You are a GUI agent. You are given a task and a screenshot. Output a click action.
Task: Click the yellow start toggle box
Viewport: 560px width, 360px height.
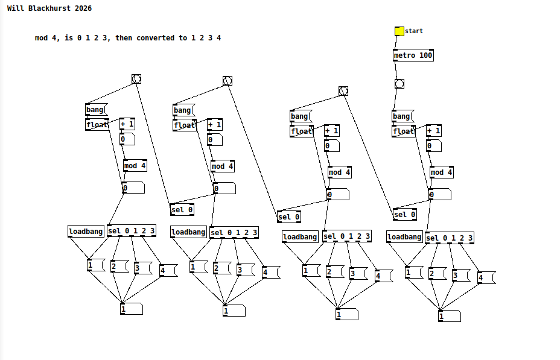point(399,31)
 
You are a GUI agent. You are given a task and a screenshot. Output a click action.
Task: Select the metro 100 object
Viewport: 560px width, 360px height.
point(413,55)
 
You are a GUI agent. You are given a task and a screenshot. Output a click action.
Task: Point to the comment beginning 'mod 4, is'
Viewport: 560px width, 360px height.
point(128,38)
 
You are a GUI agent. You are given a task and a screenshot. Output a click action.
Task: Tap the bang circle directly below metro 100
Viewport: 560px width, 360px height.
point(399,84)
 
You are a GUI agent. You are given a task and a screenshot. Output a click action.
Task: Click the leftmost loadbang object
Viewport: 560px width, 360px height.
point(86,232)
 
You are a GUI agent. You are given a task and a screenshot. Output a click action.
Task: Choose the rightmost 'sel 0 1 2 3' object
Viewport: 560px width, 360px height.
point(450,238)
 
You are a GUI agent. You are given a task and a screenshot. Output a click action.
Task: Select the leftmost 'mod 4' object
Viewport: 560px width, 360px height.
point(135,166)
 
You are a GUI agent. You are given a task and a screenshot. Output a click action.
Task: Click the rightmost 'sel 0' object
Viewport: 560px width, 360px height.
point(405,215)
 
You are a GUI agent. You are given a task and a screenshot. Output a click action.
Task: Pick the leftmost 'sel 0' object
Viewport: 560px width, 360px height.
point(182,210)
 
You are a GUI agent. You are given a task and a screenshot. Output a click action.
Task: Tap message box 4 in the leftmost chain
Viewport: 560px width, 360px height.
point(167,271)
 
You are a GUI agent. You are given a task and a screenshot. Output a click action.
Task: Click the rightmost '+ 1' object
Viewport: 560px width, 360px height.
point(433,131)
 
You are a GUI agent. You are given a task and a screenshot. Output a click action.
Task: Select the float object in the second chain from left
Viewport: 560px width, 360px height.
point(184,125)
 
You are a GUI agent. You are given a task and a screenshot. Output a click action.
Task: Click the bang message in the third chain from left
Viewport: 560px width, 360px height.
point(300,116)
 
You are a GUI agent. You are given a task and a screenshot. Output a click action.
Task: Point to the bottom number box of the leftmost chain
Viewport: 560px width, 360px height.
point(131,309)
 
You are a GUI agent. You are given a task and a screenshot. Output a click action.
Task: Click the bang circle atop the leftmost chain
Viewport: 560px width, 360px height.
point(136,79)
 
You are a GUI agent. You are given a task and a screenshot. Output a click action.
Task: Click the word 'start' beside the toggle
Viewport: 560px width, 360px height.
point(414,31)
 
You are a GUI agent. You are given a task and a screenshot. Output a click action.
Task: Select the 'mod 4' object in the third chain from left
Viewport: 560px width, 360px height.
point(339,172)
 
